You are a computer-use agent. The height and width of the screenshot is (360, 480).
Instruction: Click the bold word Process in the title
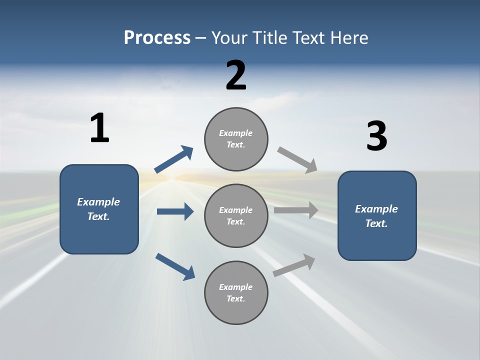(157, 38)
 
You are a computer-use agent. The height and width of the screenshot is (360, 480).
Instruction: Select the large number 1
(99, 128)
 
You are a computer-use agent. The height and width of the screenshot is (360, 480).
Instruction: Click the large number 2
(236, 75)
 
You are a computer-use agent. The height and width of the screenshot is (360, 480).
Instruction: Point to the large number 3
(376, 136)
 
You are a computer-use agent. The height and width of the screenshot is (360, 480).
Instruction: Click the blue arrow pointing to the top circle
(174, 159)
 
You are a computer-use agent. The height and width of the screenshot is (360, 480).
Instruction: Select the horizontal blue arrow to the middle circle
(175, 211)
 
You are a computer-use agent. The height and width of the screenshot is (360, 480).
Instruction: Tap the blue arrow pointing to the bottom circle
(175, 266)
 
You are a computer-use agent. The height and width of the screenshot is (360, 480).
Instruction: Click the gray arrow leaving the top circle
(297, 159)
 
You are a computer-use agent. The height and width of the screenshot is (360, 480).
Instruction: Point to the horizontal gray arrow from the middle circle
(296, 210)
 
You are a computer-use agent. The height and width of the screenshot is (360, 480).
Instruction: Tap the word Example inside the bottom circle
(236, 287)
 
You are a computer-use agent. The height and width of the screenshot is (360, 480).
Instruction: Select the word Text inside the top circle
(235, 144)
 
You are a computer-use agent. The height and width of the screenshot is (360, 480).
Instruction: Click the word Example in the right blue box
(376, 209)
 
